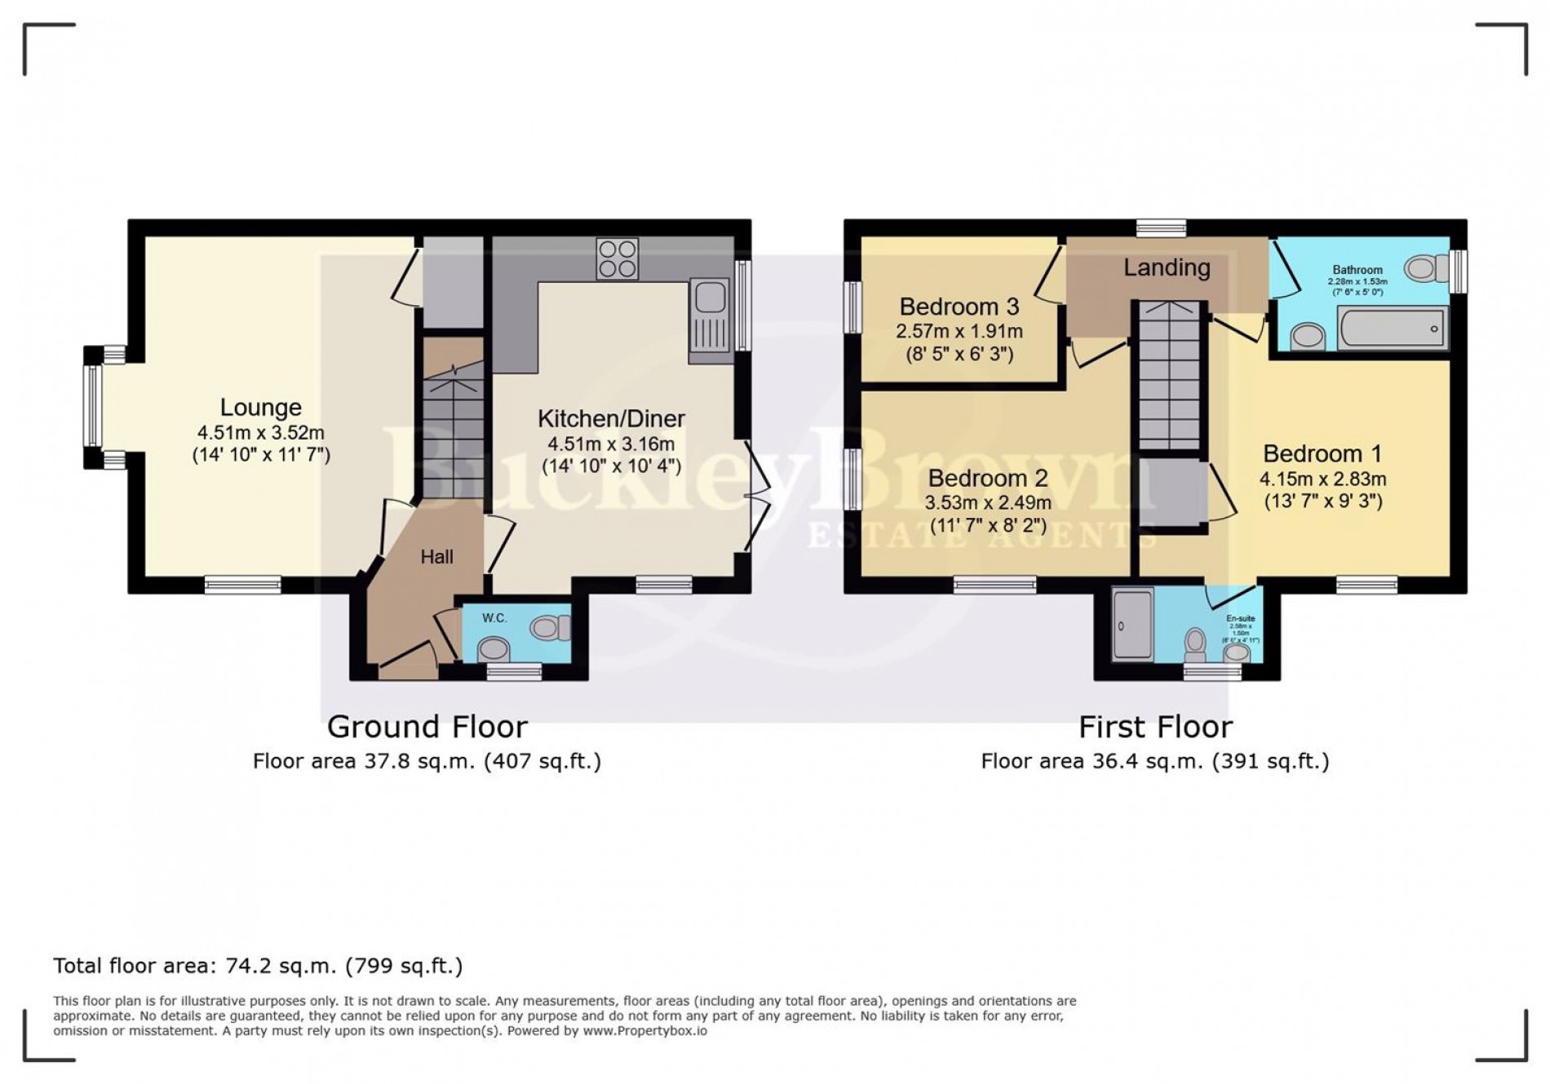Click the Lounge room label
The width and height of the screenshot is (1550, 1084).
[x=260, y=407]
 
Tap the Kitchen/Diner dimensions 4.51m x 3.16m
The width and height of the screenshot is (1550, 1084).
[x=610, y=445]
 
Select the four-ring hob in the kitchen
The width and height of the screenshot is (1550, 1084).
[x=617, y=258]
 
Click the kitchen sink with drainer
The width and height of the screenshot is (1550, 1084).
[x=709, y=321]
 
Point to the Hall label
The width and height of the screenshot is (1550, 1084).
[x=436, y=557]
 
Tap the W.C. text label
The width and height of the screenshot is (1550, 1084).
[x=494, y=618]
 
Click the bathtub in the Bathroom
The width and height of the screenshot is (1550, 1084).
[x=1393, y=329]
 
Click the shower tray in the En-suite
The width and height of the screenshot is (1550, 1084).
[x=1133, y=624]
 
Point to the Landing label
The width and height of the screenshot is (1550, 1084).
[x=1166, y=268]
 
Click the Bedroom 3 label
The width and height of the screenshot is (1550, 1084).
[x=959, y=307]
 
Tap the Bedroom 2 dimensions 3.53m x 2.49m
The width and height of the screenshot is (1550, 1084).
[x=987, y=503]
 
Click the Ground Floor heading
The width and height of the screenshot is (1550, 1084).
[x=427, y=726]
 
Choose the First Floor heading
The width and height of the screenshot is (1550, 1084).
[x=1154, y=726]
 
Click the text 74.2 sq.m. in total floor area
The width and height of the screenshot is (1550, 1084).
[x=275, y=966]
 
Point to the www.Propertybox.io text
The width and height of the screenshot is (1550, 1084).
[x=644, y=1031]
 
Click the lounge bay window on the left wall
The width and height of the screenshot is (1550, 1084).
[x=93, y=406]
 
